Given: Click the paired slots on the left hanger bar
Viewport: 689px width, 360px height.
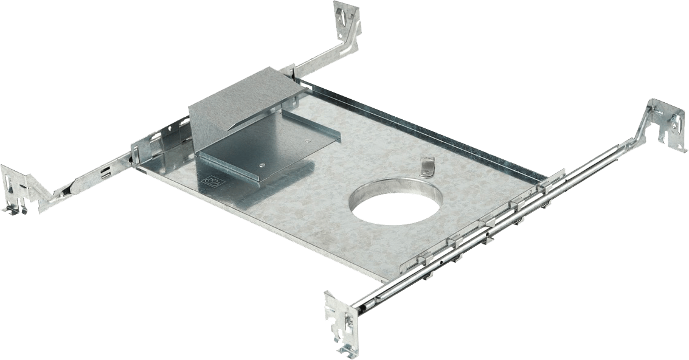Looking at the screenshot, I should coord(105,172).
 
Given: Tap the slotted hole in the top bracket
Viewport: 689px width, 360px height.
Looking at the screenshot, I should coord(342,15).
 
